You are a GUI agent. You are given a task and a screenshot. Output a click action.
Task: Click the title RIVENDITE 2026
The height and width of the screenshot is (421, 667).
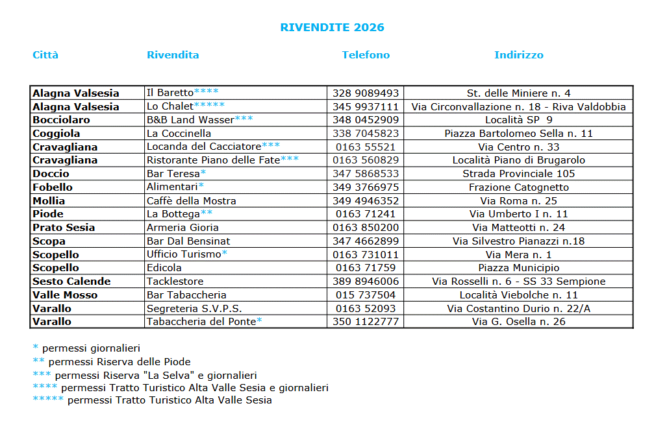click(x=332, y=27)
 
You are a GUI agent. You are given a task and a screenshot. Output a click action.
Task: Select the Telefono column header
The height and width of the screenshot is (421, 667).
click(x=366, y=55)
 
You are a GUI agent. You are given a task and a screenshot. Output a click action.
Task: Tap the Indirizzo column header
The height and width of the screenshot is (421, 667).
click(x=518, y=55)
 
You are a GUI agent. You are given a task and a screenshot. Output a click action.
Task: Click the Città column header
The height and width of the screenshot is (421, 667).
click(x=45, y=55)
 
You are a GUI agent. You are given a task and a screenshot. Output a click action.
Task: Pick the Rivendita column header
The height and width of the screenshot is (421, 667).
click(x=173, y=55)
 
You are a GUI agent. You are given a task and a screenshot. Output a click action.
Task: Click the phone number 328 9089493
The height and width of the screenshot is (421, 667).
click(x=365, y=93)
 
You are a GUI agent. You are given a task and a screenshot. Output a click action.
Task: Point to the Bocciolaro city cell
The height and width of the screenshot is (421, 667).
click(x=61, y=120)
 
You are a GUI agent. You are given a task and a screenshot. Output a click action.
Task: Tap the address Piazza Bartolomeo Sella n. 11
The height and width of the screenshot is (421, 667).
click(x=518, y=134)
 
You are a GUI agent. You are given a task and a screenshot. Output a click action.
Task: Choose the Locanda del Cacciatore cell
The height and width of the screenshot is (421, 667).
click(x=213, y=147)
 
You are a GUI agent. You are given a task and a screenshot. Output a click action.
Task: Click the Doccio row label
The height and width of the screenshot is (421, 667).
click(x=51, y=174)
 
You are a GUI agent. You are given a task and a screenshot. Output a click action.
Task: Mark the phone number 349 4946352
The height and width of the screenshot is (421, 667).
click(x=365, y=201)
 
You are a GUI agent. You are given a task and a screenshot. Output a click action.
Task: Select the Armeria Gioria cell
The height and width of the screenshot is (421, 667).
click(x=182, y=228)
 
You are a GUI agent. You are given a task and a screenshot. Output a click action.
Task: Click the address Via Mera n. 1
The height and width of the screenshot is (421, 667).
click(x=518, y=255)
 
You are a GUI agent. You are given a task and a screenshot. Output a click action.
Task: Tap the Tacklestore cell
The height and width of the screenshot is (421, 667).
click(x=175, y=282)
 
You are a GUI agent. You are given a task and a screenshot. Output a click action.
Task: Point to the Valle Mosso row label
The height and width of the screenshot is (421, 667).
click(x=65, y=295)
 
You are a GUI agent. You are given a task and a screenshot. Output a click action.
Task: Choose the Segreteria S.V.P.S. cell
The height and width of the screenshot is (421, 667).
click(x=194, y=309)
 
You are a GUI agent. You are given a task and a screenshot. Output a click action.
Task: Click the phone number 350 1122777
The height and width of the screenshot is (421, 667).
click(x=365, y=322)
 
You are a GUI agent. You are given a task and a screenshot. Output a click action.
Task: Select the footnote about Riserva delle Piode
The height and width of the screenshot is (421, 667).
click(x=112, y=362)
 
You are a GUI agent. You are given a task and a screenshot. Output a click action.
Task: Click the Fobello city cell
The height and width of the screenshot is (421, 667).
click(x=53, y=187)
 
